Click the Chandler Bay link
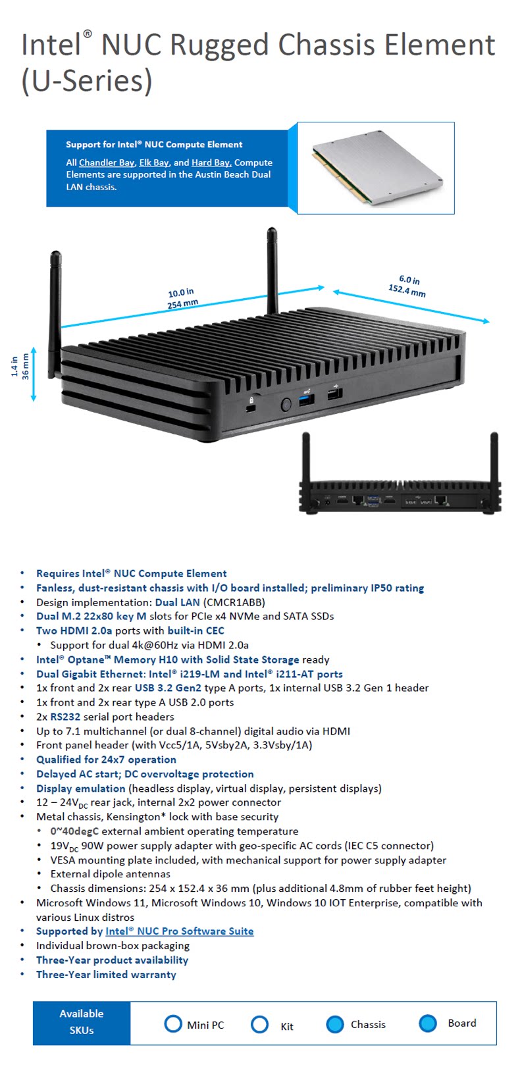(x=107, y=163)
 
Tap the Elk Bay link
(x=154, y=163)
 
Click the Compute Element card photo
(x=377, y=168)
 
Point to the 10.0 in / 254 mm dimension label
(x=182, y=298)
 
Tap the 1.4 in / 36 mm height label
(x=20, y=367)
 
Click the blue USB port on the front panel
(x=307, y=400)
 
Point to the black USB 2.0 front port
(x=334, y=394)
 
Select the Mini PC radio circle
(x=173, y=1024)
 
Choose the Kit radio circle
(x=259, y=1024)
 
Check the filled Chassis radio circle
(x=334, y=1024)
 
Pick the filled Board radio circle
(x=428, y=1023)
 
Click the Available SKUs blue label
(x=82, y=1023)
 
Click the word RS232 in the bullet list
(x=65, y=717)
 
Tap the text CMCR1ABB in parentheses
(x=236, y=602)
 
